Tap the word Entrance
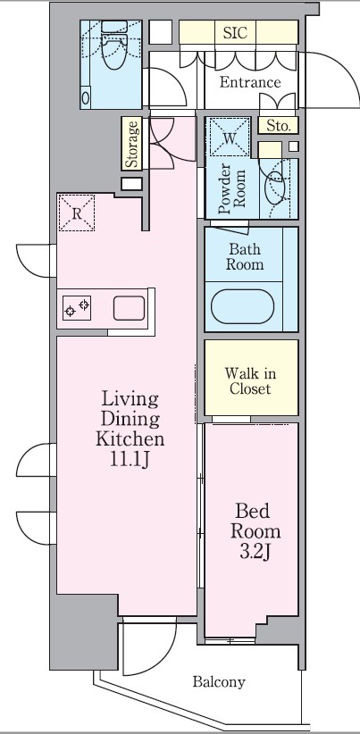click(250, 83)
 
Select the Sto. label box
click(276, 126)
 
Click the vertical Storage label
click(131, 146)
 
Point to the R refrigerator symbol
click(78, 213)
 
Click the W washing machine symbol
click(230, 138)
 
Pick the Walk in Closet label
click(250, 380)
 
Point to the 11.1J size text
click(130, 460)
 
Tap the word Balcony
click(219, 683)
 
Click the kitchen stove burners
click(76, 309)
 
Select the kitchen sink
click(129, 309)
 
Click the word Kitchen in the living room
click(130, 439)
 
